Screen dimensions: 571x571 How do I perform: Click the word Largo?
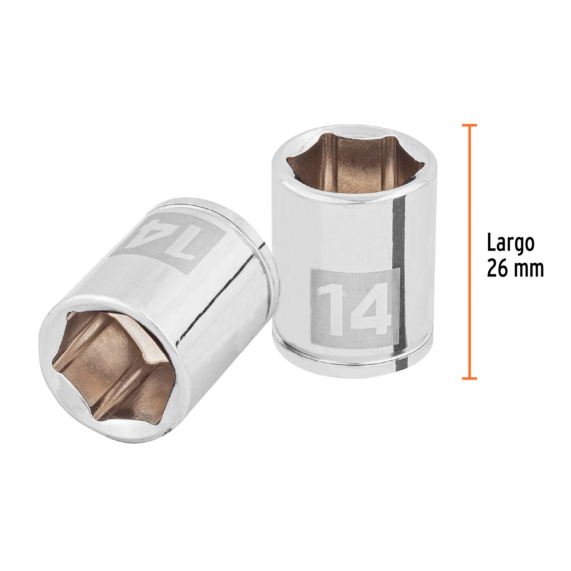coord(511,244)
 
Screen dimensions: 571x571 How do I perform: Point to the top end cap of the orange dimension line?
coord(469,124)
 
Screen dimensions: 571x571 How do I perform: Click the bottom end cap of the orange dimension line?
coord(469,378)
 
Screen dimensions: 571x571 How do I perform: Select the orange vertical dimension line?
coord(469,251)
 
